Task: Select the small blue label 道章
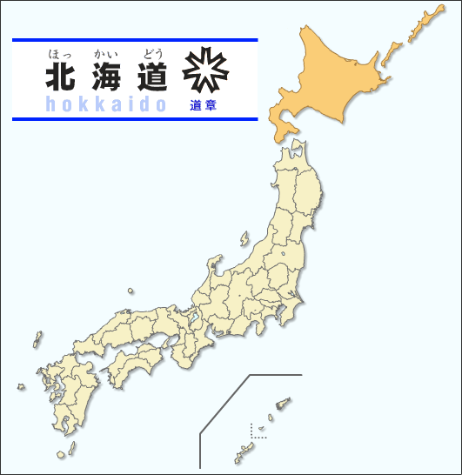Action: [202, 105]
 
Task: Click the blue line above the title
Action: [135, 40]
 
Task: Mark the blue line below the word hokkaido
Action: [135, 118]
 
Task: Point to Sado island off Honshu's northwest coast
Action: [245, 237]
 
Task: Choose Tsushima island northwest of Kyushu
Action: [37, 338]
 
